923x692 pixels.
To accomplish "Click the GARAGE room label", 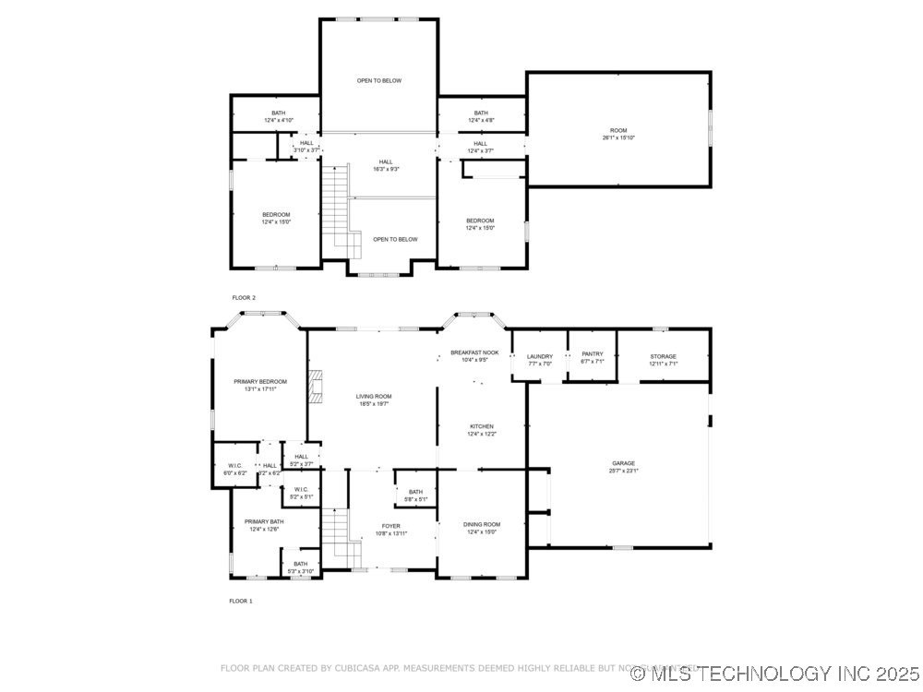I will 623,463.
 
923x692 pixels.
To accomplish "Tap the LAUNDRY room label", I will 539,356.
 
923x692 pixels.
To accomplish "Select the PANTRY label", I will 592,353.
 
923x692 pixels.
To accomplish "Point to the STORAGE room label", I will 663,356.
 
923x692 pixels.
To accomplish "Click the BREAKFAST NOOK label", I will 474,352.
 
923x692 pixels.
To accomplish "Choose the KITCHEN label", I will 481,426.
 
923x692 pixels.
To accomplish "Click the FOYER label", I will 391,526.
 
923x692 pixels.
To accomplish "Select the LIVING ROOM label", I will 374,397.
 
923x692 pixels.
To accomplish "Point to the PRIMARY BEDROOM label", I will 259,381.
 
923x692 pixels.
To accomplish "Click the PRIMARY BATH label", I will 264,521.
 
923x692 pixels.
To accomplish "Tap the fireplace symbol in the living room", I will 316,388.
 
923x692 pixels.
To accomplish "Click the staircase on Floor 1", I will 339,540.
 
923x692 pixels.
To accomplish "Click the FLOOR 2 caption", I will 244,298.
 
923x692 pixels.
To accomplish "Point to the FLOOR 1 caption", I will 241,601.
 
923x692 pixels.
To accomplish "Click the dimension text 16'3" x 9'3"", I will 385,169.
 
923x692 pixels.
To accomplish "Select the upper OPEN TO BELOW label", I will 379,81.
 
